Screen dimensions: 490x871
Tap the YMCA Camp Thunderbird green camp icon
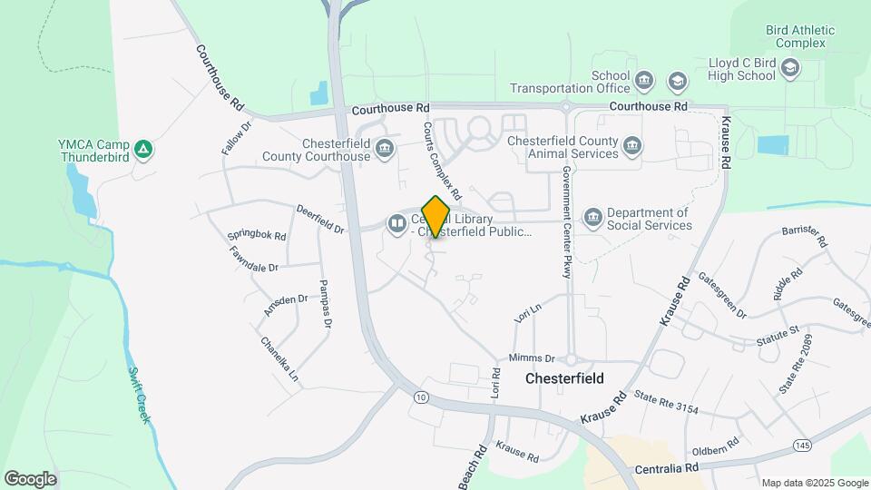pos(142,149)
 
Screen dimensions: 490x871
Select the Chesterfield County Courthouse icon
pos(386,149)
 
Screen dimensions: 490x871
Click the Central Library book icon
pos(396,222)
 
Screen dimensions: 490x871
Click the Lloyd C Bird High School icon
pos(790,69)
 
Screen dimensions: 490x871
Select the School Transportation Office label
pos(570,82)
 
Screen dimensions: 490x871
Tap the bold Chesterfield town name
pos(564,377)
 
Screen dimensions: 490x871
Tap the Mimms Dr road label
pos(532,358)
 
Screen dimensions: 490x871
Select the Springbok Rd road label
pos(258,236)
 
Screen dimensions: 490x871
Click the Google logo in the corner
pos(30,478)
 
